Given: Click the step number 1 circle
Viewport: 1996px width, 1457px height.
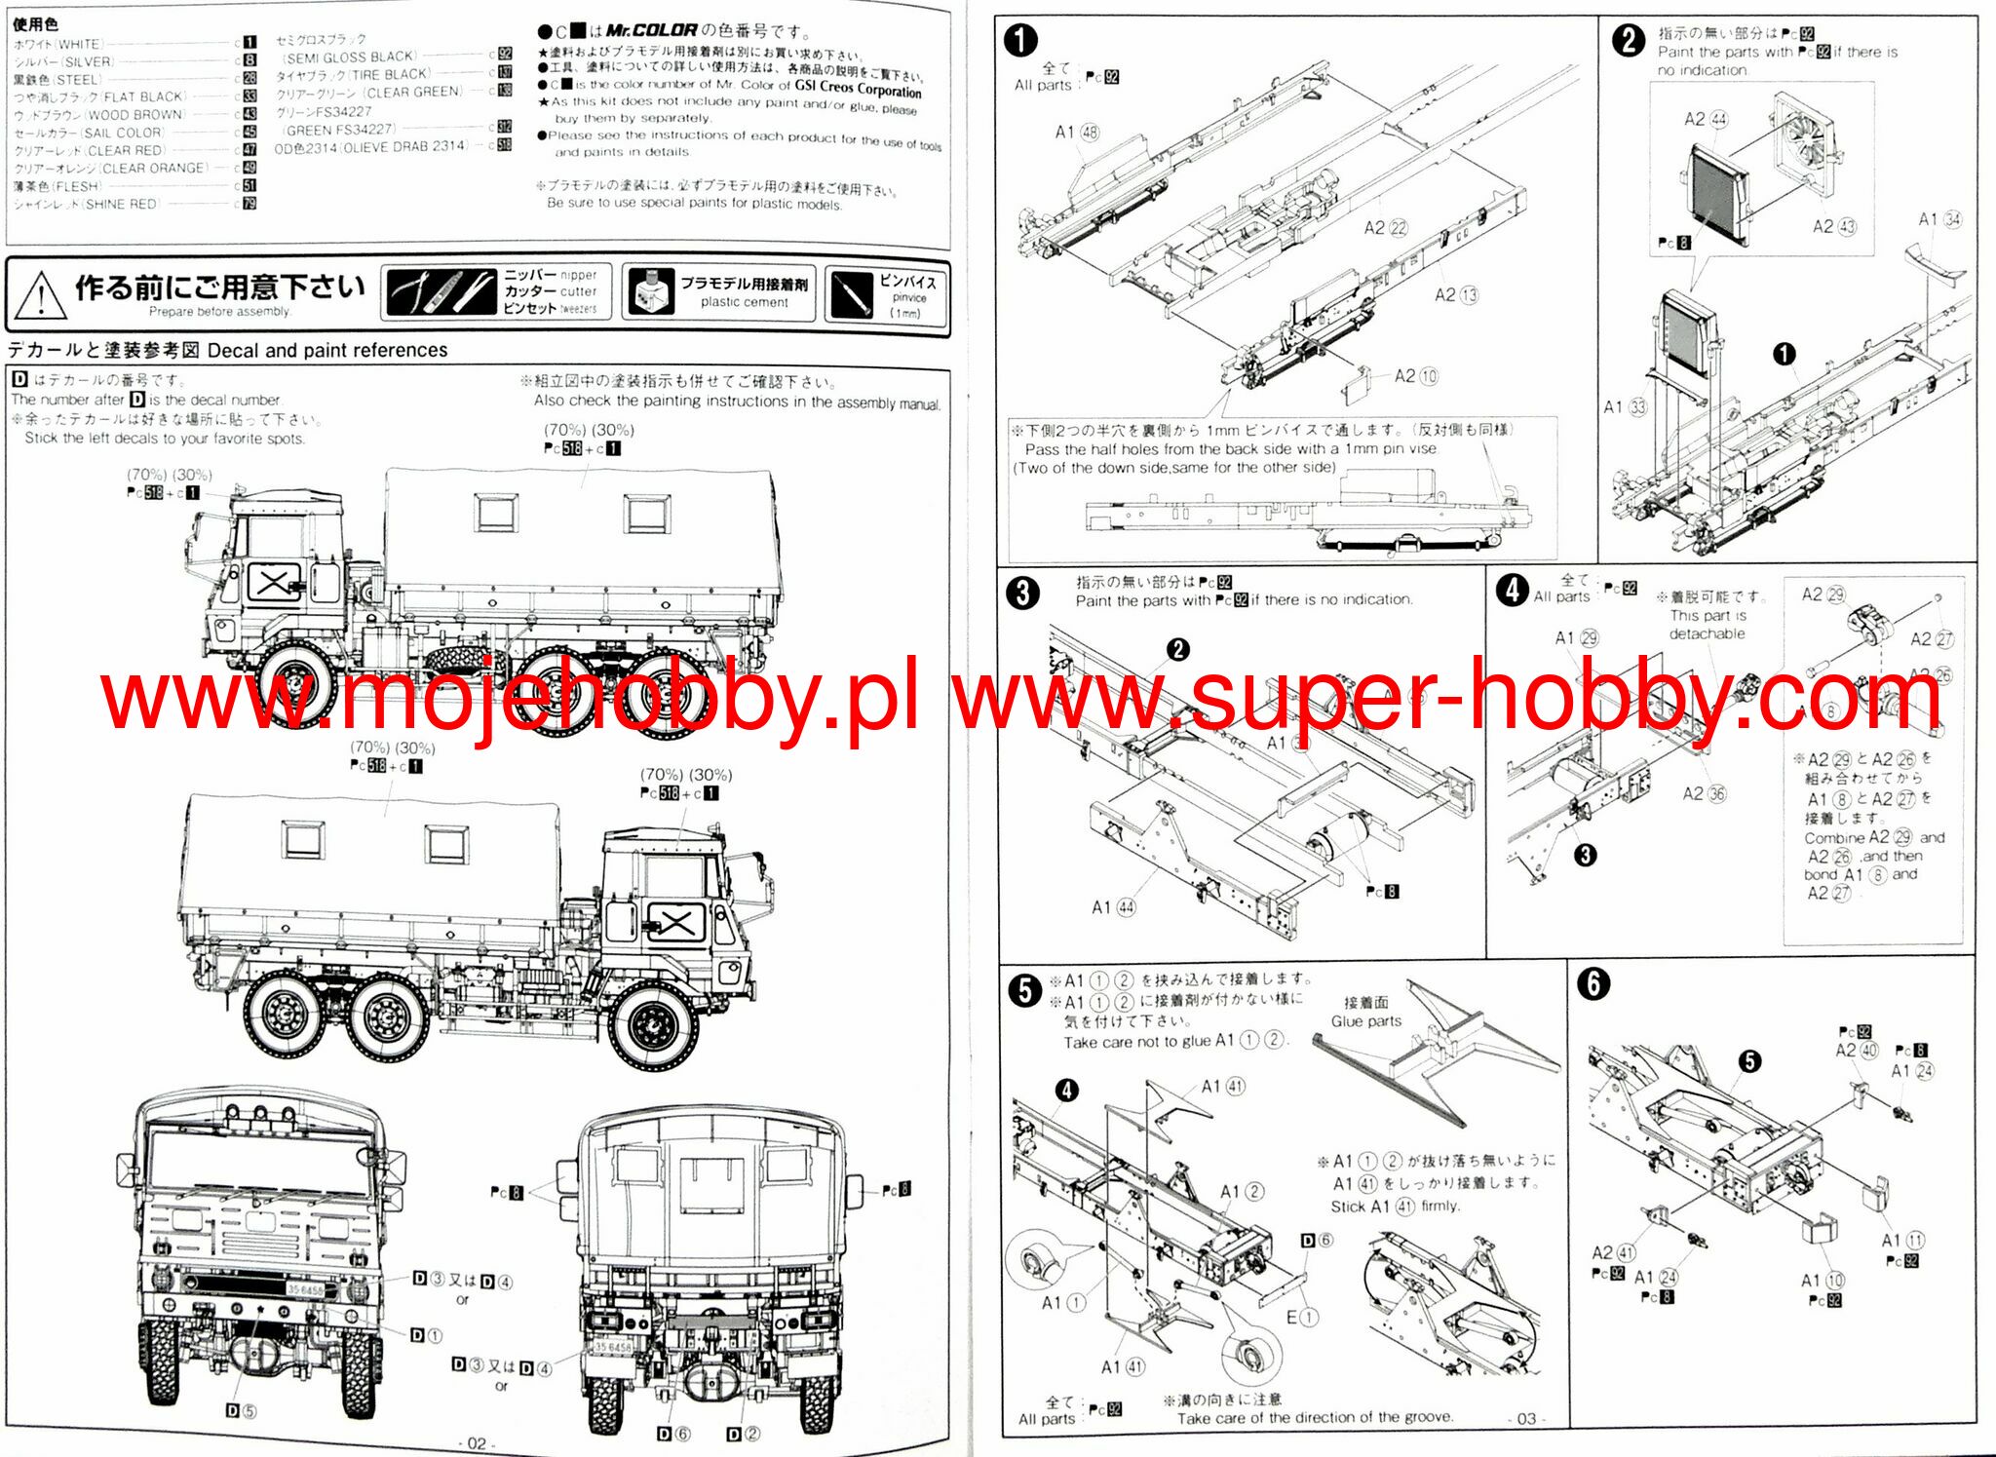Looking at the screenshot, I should click(x=1020, y=41).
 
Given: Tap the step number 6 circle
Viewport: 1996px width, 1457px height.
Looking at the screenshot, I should click(x=1593, y=984).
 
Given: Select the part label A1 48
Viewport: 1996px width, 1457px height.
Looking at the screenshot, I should click(x=1077, y=132).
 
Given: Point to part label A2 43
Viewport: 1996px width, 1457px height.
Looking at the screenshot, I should click(x=1833, y=226).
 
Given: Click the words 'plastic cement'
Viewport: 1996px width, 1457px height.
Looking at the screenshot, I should click(x=744, y=302).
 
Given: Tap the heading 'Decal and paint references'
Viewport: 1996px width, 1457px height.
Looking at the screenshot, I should click(x=327, y=350).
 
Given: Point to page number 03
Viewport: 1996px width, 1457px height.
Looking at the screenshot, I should click(x=1526, y=1419).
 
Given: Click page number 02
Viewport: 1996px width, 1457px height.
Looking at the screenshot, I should click(x=477, y=1443).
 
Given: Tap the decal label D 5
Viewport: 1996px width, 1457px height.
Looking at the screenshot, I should click(x=241, y=1410).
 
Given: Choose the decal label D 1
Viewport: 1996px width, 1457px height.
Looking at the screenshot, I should click(x=426, y=1335).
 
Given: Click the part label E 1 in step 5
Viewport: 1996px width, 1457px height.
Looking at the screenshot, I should click(x=1301, y=1317).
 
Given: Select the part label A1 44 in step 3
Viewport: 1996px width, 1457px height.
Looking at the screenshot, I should click(x=1113, y=907).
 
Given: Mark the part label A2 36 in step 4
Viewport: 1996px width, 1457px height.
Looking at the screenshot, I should click(x=1704, y=793).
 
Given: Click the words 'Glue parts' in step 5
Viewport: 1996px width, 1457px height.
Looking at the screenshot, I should click(x=1365, y=1020).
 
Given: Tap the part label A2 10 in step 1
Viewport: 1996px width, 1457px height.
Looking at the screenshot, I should click(x=1415, y=376).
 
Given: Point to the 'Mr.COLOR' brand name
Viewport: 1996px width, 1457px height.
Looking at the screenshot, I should click(x=651, y=30).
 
